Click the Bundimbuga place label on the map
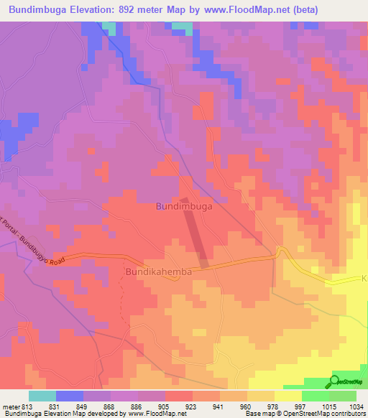click(x=184, y=206)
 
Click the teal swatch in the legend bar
click(x=42, y=396)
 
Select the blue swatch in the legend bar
click(x=70, y=396)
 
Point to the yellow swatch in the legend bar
click(x=287, y=396)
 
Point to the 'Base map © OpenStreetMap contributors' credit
click(x=305, y=414)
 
